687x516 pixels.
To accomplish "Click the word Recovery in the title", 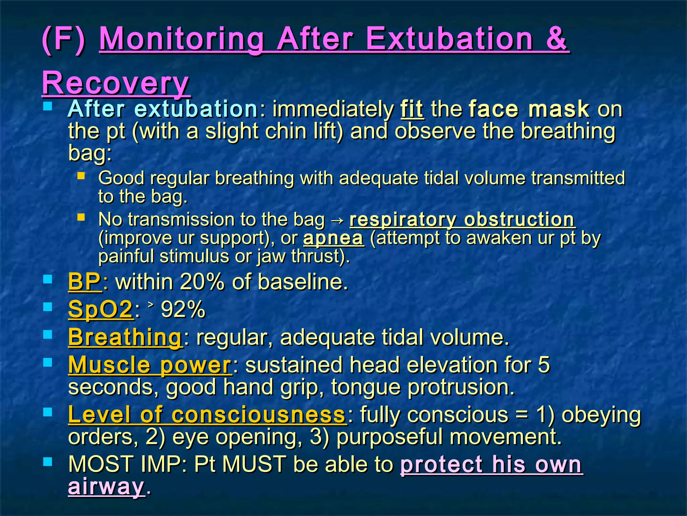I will coord(116,83).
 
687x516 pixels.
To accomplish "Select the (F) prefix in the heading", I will coord(64,39).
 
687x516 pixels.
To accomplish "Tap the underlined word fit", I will coord(412,109).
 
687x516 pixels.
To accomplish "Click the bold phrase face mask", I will coord(529,109).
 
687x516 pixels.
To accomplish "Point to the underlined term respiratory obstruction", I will coord(462,219).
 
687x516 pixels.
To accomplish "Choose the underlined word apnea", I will coord(333,238).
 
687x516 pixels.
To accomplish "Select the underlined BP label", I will coord(84,282).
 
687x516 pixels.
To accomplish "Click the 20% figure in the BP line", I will coord(202,282).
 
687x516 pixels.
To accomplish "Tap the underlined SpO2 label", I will coord(100,309).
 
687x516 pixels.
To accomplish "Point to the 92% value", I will coord(183,309).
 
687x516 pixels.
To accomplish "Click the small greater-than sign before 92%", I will coord(151,304).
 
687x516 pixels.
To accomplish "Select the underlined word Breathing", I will coord(125,337).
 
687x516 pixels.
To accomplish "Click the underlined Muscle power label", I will coord(150,365).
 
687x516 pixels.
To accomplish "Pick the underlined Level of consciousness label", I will coord(207,415).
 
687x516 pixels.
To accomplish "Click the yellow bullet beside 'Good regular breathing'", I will coord(81,176).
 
